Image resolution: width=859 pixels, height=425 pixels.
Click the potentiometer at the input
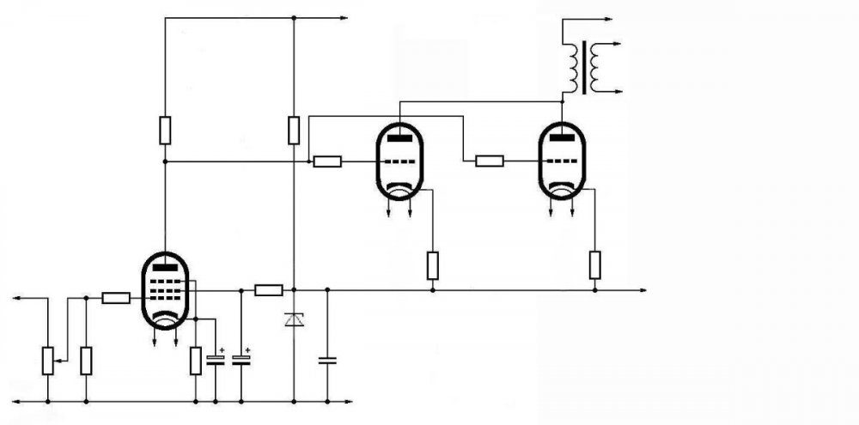coord(47,360)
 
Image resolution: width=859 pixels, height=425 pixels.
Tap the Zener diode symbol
coord(294,320)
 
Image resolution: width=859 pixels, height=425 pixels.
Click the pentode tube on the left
coord(165,290)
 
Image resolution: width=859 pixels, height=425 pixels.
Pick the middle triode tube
coord(399,161)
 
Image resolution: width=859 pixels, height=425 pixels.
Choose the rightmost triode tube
coord(561,161)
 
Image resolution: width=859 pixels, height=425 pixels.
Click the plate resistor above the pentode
coord(165,131)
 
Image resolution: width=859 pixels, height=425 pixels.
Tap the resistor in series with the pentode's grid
coord(116,298)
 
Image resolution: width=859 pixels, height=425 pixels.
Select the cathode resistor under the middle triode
coord(432,265)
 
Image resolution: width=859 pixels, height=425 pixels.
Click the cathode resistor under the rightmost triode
coord(594,265)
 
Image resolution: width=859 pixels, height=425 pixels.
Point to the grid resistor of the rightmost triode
coord(490,160)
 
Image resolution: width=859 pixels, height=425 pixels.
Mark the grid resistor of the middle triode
coord(327,161)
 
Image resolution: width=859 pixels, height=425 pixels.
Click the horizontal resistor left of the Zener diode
coord(269,290)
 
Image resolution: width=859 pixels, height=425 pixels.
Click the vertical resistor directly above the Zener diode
coord(294,131)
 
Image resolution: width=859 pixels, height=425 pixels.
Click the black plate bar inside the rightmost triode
coord(561,136)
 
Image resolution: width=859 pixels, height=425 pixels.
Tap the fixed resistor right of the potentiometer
coord(86,360)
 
